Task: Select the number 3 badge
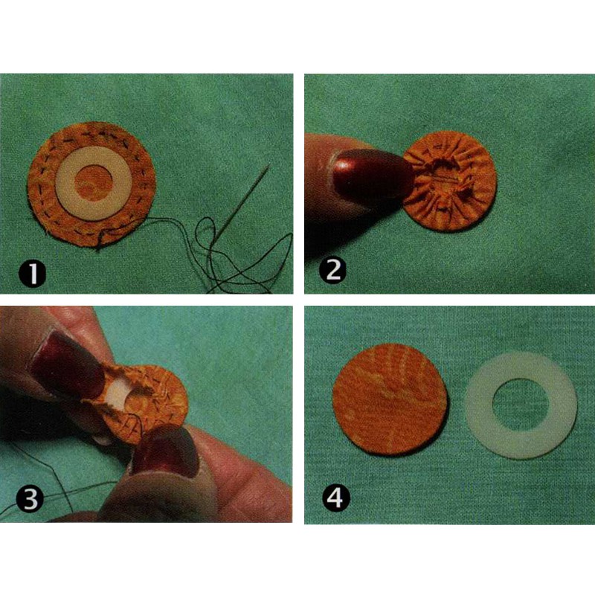pos(30,499)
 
